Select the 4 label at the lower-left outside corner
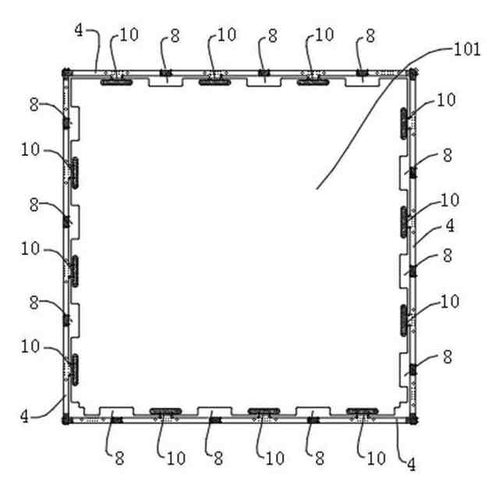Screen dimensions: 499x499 [24, 416]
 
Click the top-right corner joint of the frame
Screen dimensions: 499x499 [412, 74]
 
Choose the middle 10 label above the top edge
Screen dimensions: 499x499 [226, 34]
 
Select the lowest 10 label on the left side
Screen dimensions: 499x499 [30, 345]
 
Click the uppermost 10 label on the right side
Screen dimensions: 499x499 [446, 100]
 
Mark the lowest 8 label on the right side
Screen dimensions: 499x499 [447, 356]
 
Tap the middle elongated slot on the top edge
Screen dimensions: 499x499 [214, 80]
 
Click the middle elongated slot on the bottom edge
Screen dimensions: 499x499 [264, 410]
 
